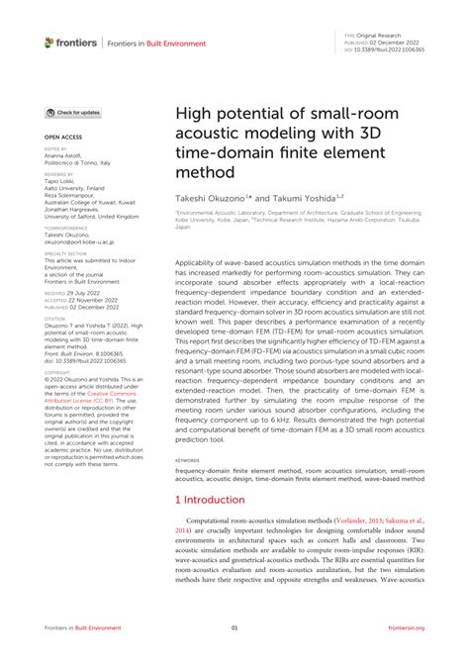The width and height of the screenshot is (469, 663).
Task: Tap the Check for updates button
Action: pos(73,113)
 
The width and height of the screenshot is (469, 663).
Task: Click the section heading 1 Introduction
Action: pos(209,500)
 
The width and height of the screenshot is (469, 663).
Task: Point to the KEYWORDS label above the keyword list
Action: pos(189,460)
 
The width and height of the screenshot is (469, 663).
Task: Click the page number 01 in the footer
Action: pos(234,626)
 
